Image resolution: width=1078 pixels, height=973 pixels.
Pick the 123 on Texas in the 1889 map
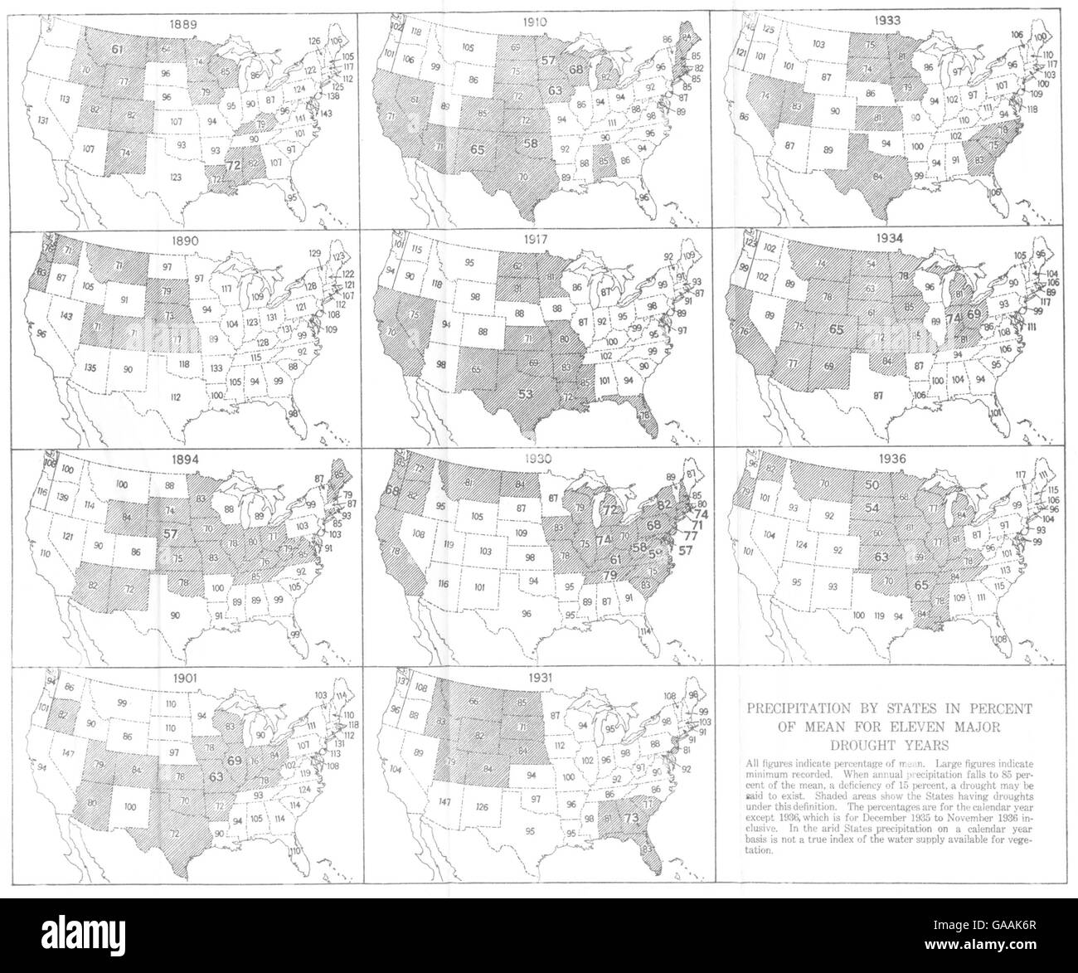[174, 177]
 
